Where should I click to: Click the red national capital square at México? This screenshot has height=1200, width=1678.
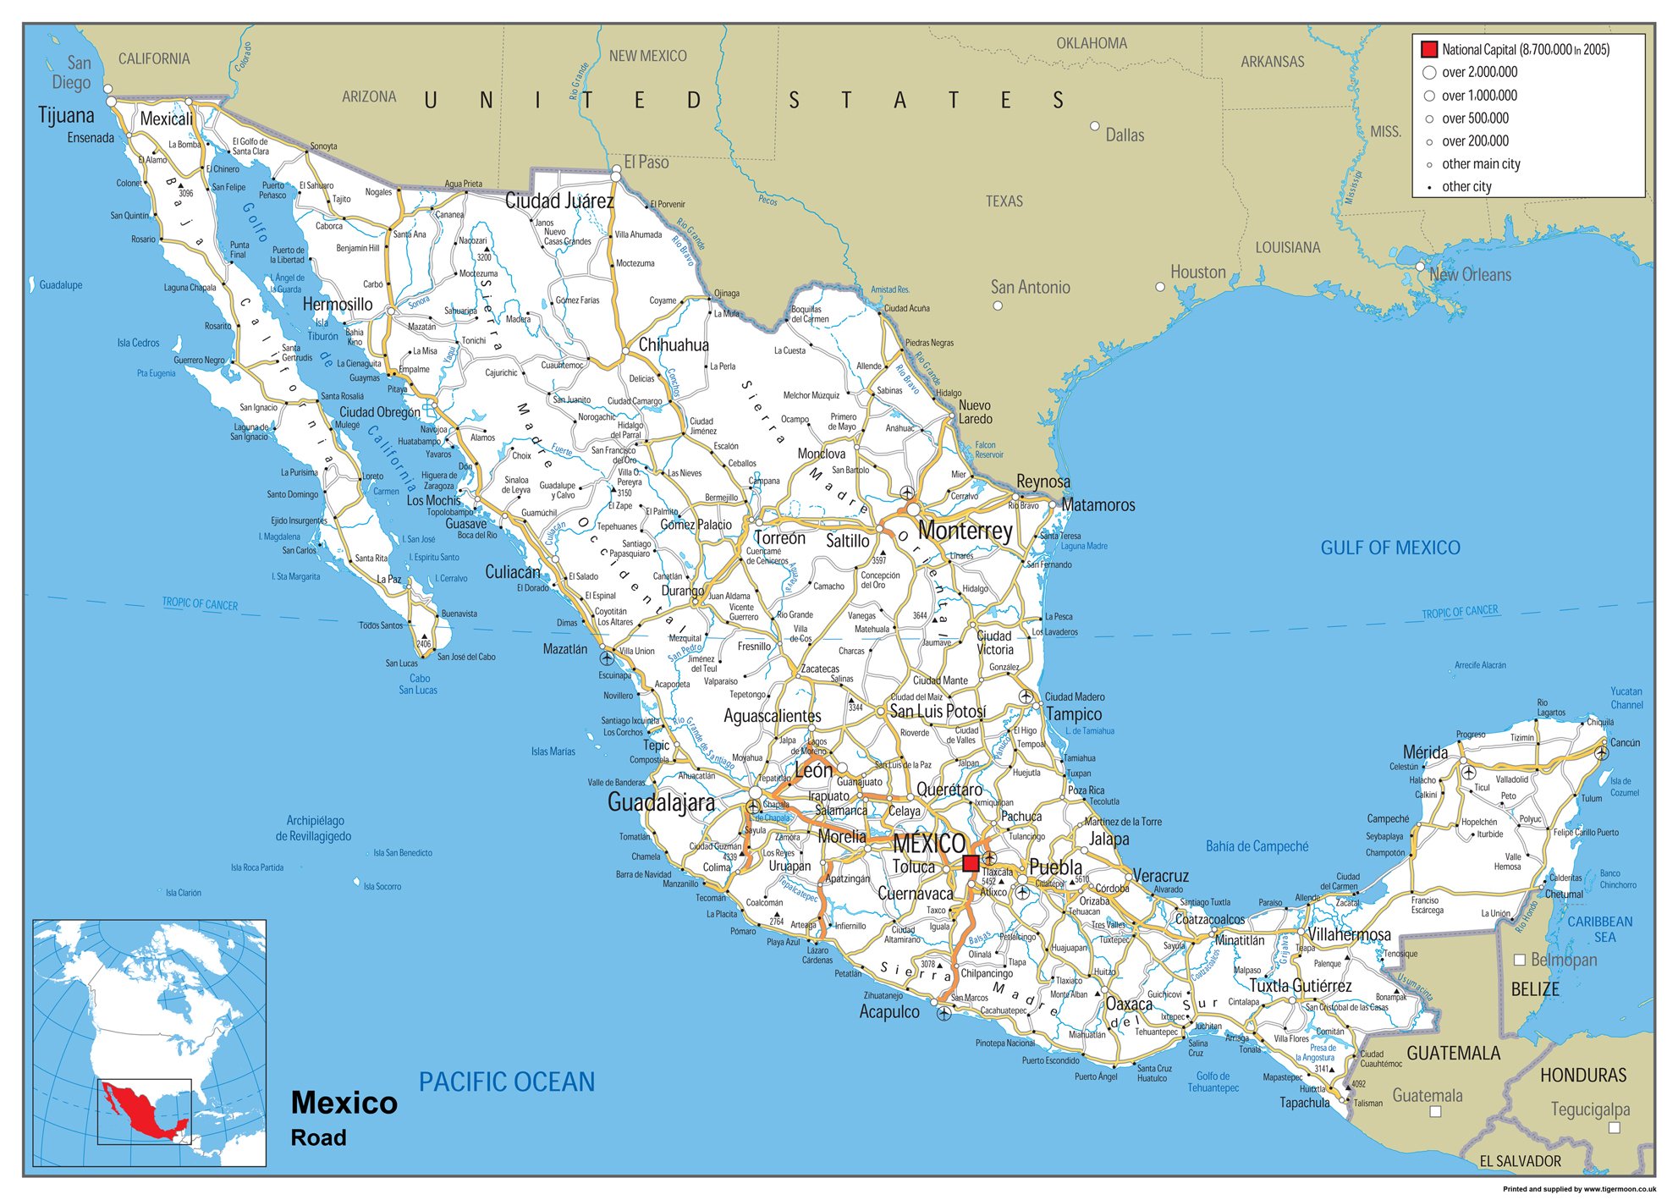coord(971,863)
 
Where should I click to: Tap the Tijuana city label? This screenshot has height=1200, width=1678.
coord(66,115)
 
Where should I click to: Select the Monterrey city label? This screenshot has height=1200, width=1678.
coord(965,531)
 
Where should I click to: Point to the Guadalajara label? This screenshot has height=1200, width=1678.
coord(661,802)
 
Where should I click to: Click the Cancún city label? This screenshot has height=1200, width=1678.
coord(1625,742)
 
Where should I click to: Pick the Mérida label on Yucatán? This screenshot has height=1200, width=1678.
coord(1425,752)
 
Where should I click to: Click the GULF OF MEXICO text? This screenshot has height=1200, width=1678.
coord(1390,548)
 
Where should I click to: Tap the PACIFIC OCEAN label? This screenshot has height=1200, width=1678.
coord(507,1082)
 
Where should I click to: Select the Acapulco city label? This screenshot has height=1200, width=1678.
coord(889,1011)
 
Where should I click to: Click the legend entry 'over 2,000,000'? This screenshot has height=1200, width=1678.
coord(1479,72)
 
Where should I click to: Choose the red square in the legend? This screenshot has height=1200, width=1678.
coord(1429,49)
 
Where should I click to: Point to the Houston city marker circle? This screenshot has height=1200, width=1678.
coord(1160,287)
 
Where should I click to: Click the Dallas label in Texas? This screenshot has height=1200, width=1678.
coord(1125,135)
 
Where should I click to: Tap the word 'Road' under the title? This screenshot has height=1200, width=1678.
coord(318,1137)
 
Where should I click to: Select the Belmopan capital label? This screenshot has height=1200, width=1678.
coord(1564,960)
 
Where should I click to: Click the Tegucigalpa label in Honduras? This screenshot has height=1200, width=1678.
coord(1590,1109)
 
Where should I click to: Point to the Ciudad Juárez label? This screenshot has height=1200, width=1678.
coord(559,201)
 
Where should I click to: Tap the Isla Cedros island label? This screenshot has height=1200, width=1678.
coord(138,343)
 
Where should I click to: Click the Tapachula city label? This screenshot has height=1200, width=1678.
coord(1304,1103)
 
